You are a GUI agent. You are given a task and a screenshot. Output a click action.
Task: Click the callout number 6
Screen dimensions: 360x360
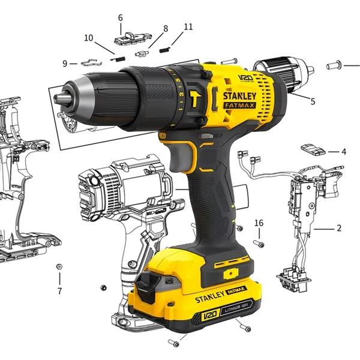[x=121, y=17]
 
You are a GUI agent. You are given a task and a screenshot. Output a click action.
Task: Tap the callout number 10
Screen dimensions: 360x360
[x=89, y=38]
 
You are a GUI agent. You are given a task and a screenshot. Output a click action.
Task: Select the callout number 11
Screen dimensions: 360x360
[x=188, y=27]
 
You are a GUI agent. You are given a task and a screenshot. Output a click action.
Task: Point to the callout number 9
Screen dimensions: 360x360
[x=65, y=64]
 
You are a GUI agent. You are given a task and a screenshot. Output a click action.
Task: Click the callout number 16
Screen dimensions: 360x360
[x=259, y=223]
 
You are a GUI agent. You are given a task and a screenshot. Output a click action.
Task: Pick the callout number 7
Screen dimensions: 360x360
[x=59, y=291]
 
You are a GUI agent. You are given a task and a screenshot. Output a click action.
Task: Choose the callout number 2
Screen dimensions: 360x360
[x=339, y=228]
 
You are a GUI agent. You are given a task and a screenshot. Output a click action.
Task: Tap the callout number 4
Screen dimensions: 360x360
[x=344, y=152]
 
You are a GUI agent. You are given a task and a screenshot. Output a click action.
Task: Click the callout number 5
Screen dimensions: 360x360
[x=313, y=101]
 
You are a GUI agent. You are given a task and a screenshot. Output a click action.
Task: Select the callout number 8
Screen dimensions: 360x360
[x=166, y=29]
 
